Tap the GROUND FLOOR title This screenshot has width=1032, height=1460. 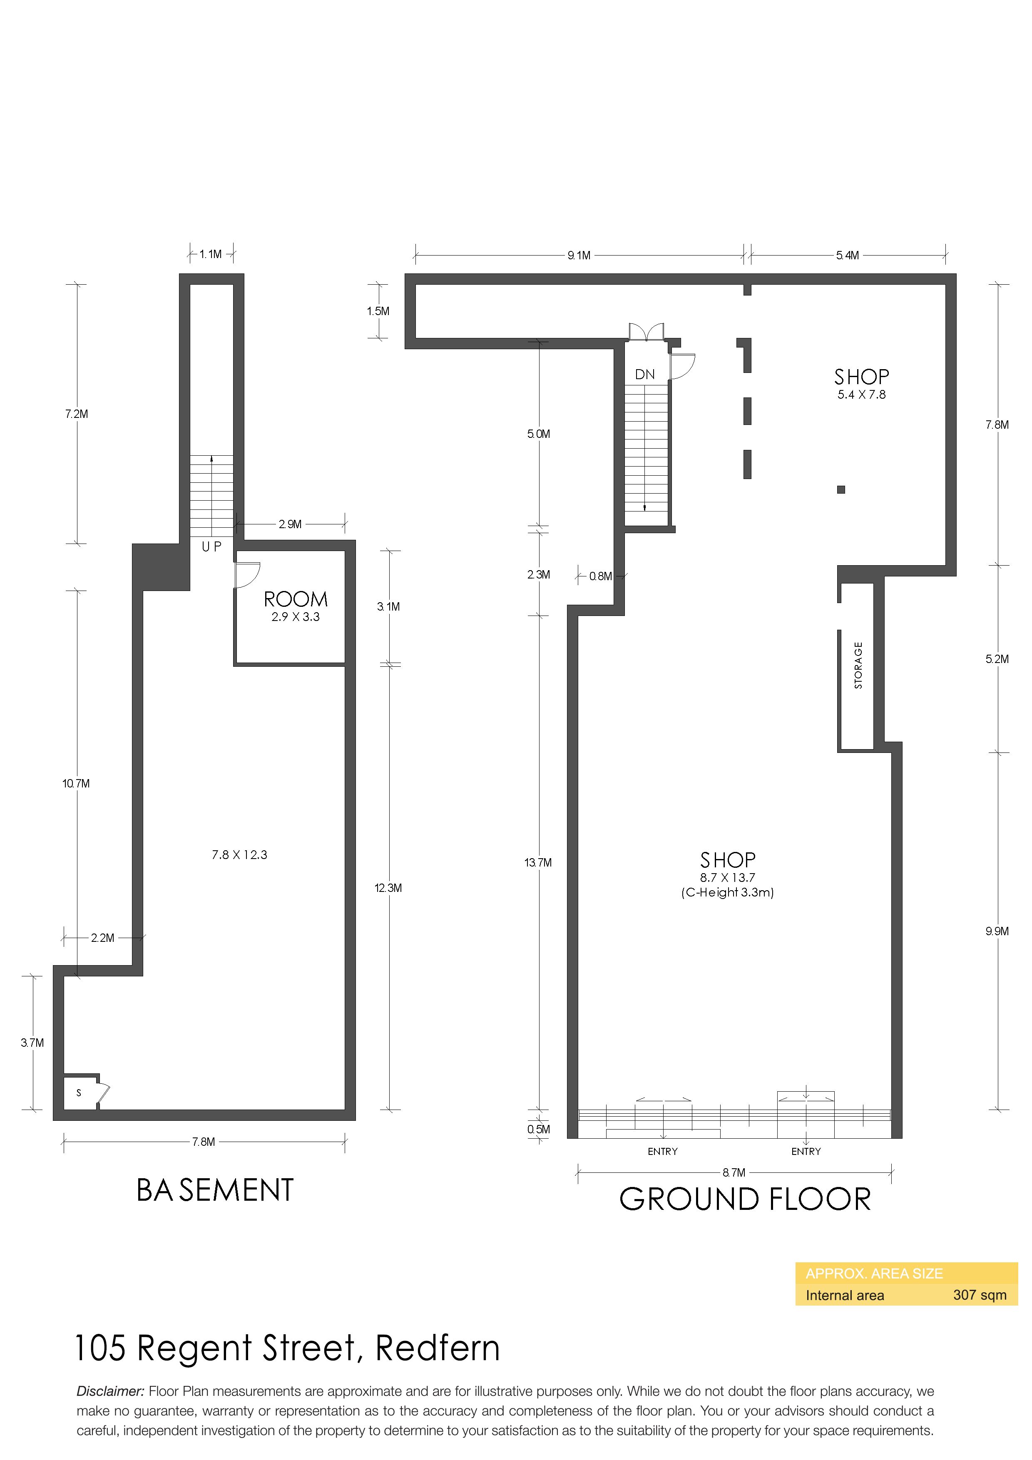(x=745, y=1199)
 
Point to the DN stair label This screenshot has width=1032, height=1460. (x=645, y=375)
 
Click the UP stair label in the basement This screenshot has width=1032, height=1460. (x=212, y=546)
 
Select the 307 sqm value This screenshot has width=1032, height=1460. (x=980, y=1295)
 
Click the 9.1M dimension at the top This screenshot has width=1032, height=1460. (x=579, y=256)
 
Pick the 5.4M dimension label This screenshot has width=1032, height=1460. (x=848, y=256)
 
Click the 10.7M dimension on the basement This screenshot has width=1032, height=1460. (x=76, y=783)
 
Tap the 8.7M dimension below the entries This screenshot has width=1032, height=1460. (x=734, y=1172)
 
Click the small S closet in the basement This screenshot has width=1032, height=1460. (x=79, y=1093)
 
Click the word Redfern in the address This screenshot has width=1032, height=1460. (x=438, y=1349)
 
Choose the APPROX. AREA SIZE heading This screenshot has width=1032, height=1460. (x=874, y=1274)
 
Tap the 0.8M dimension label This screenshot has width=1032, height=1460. (x=600, y=577)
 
